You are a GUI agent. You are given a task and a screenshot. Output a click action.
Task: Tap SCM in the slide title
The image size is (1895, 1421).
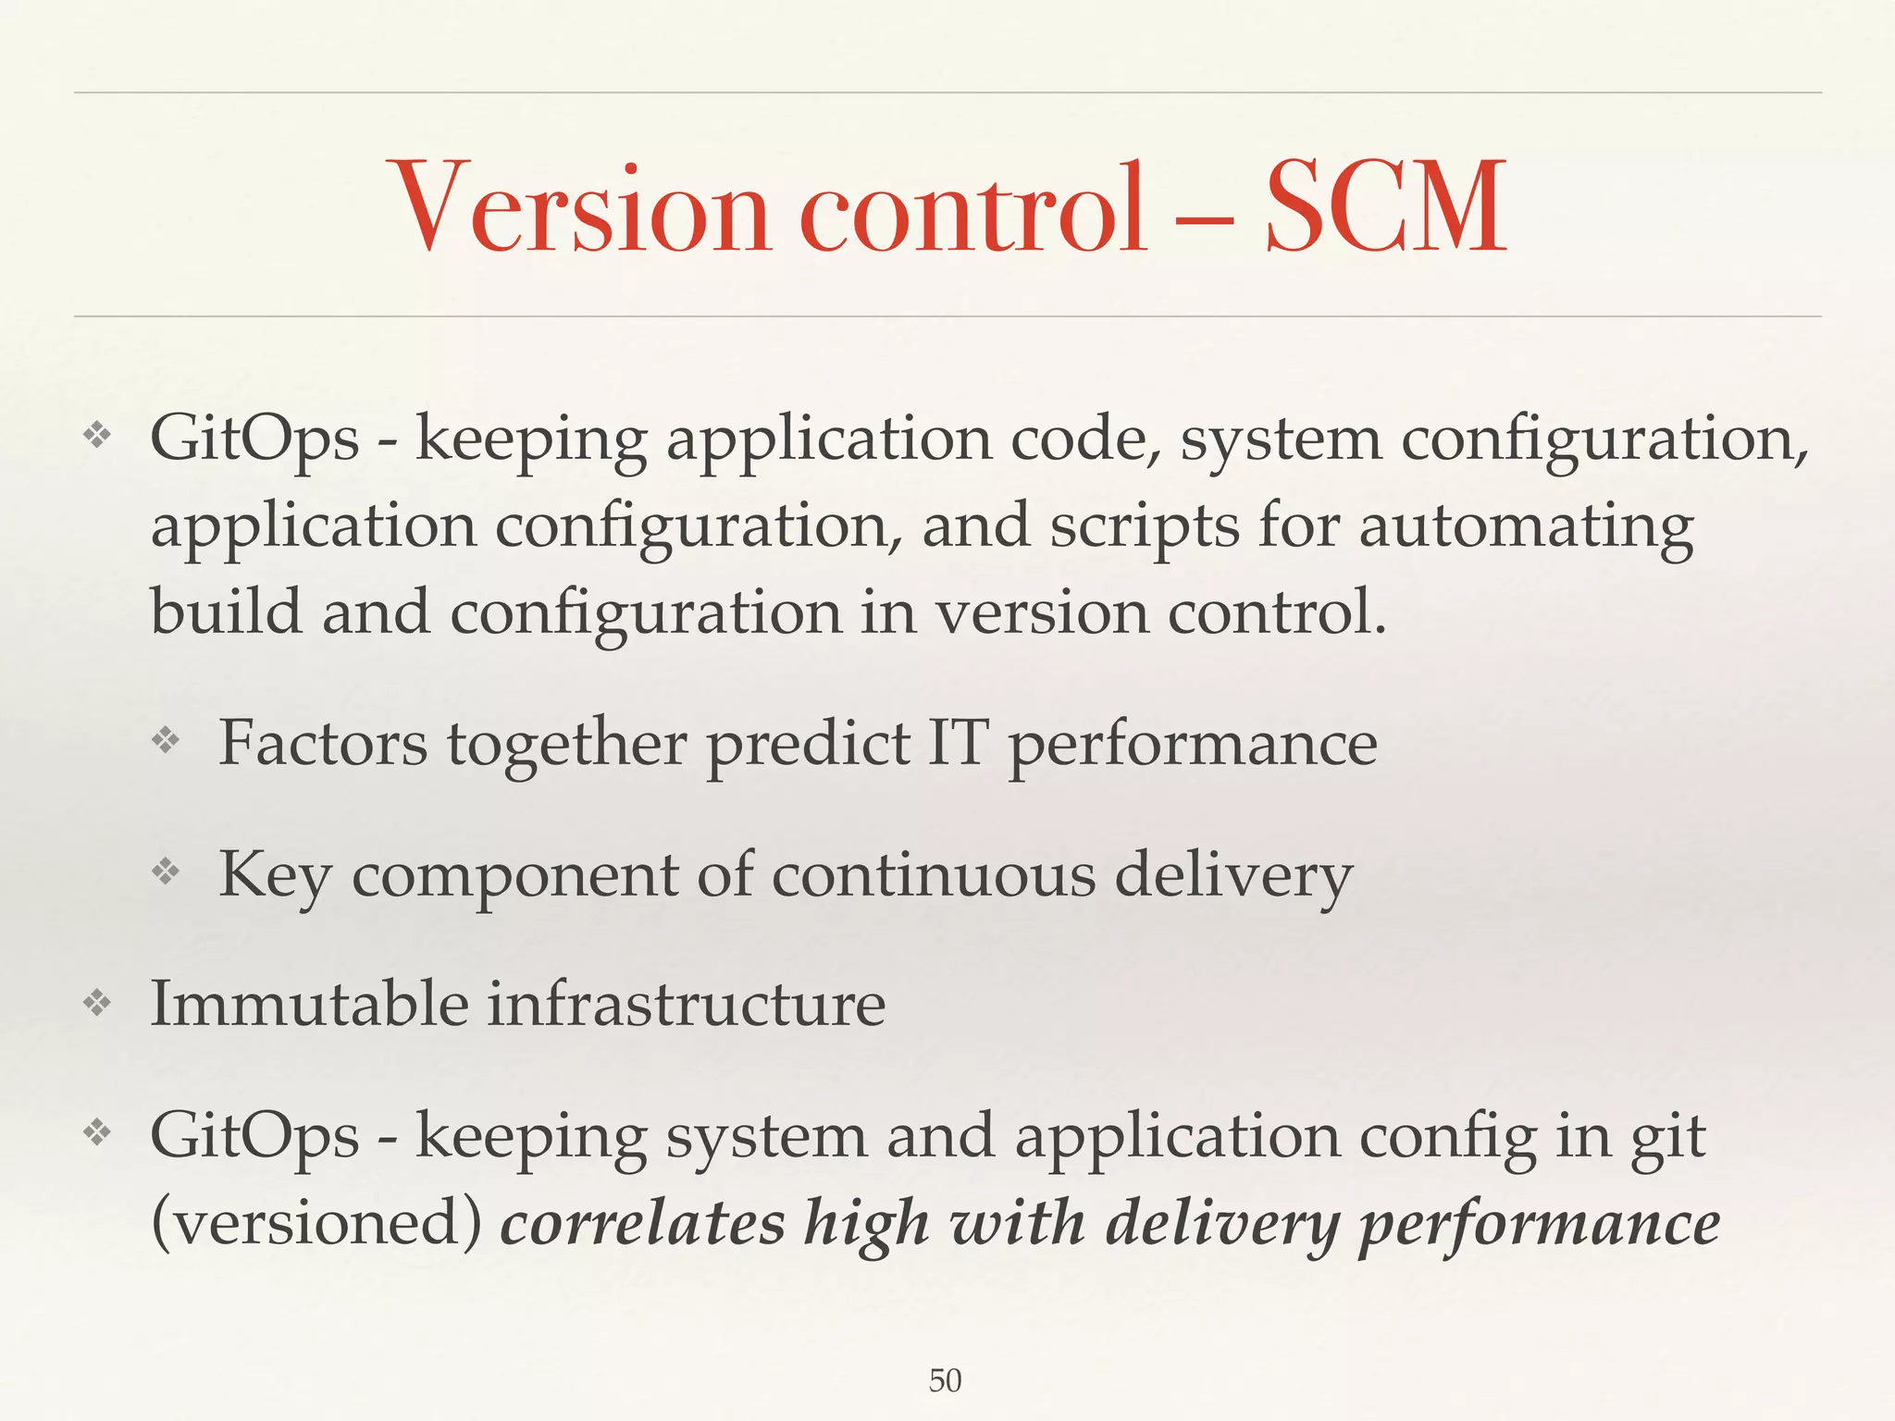click(x=1385, y=207)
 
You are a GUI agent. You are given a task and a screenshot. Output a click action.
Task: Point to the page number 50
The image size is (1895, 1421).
click(x=945, y=1381)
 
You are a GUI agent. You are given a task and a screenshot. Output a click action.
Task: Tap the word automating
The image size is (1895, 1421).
click(x=1526, y=527)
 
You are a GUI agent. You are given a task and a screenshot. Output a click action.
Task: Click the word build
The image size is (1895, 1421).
click(x=226, y=612)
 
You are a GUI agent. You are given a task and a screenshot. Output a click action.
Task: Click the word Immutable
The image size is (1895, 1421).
click(x=309, y=1004)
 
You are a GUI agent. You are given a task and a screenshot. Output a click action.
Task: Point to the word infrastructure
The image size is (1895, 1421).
click(x=686, y=1004)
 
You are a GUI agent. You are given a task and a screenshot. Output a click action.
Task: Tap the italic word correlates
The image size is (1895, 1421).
click(x=642, y=1223)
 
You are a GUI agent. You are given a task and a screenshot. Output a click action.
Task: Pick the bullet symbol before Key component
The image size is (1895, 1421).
click(x=166, y=871)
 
